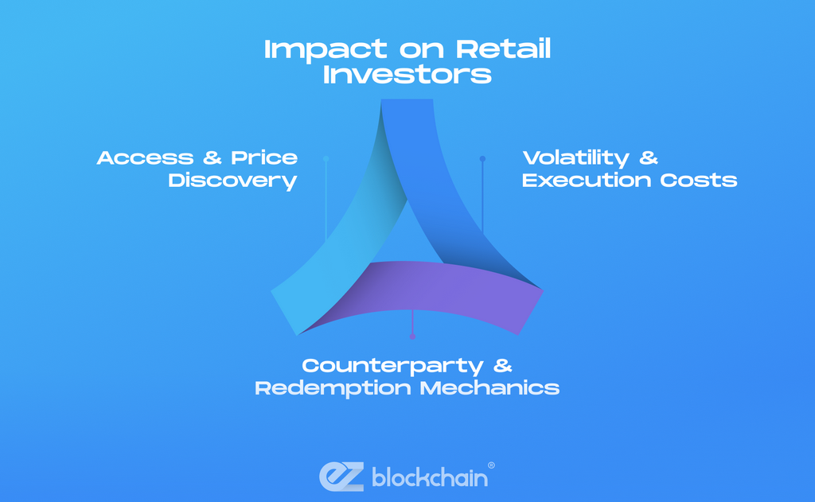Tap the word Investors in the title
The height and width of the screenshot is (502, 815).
(407, 75)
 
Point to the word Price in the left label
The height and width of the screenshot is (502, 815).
(264, 158)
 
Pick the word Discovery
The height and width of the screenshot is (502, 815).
(232, 181)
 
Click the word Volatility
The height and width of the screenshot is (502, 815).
(575, 158)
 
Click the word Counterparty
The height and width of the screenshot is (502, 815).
(392, 366)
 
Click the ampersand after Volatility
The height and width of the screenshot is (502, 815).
(649, 158)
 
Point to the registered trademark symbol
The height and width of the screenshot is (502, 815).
(490, 465)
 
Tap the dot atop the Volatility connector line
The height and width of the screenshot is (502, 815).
(482, 159)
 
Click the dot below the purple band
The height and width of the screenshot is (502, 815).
(412, 337)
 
